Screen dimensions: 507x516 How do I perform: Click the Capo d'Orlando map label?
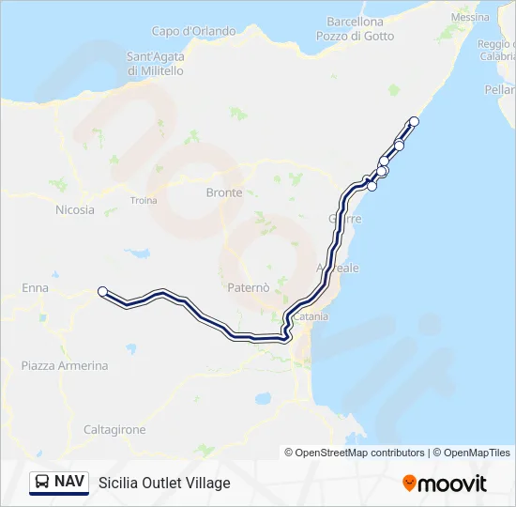[194, 31]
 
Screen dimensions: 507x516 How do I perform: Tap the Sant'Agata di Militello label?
[156, 63]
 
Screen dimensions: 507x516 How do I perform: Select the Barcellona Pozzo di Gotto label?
[356, 28]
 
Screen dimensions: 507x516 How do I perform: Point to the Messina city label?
[470, 17]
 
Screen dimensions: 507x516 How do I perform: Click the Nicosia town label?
[75, 209]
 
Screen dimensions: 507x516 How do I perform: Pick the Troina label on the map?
[144, 200]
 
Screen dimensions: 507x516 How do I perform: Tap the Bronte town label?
[223, 192]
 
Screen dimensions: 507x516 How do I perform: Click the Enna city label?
[35, 287]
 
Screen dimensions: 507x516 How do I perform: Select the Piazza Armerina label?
[65, 365]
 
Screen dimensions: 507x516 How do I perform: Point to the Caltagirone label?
[114, 429]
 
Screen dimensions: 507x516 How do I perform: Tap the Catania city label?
[311, 317]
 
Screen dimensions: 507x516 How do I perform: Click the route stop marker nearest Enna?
[102, 291]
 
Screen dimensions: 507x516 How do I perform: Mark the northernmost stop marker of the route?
[415, 121]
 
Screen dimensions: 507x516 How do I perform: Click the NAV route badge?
[59, 482]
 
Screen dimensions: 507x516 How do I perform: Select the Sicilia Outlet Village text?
[164, 483]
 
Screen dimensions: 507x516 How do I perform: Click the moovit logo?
[445, 483]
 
